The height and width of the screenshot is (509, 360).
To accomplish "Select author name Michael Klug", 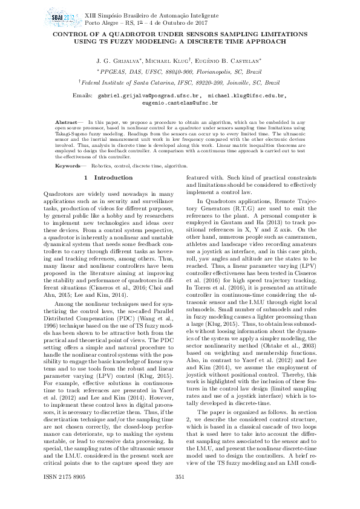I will coord(166,62).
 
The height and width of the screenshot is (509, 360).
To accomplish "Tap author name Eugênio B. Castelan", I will coord(231,62).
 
